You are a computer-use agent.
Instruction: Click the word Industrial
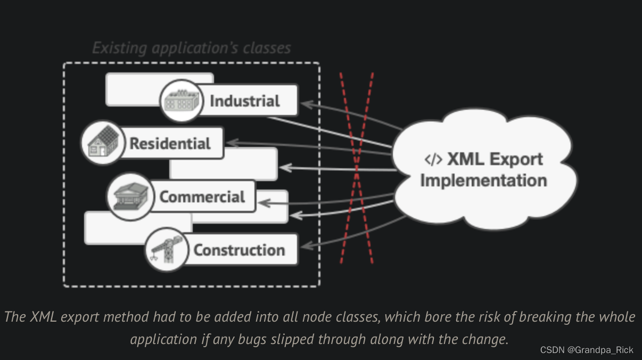pyautogui.click(x=244, y=101)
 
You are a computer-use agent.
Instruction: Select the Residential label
pyautogui.click(x=170, y=143)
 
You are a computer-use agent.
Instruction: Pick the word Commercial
pyautogui.click(x=202, y=197)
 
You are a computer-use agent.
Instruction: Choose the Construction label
pyautogui.click(x=238, y=250)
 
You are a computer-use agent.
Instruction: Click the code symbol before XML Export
pyautogui.click(x=433, y=159)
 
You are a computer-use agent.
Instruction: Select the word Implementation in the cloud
pyautogui.click(x=483, y=180)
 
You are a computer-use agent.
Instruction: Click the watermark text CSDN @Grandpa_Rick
pyautogui.click(x=587, y=350)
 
